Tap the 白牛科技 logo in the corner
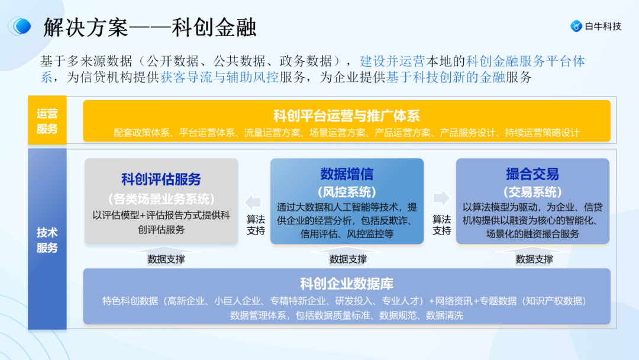(x=596, y=26)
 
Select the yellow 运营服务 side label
(x=47, y=121)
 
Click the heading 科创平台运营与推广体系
(x=346, y=115)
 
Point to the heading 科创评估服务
(x=161, y=179)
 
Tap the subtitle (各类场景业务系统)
(x=161, y=198)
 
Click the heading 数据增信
(x=347, y=174)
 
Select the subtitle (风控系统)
(x=347, y=192)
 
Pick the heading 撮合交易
(x=532, y=174)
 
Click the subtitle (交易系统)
(x=532, y=192)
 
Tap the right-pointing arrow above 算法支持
(x=441, y=197)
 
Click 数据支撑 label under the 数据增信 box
(x=348, y=259)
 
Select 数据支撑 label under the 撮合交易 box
(x=534, y=259)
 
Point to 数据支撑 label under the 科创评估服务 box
(x=166, y=259)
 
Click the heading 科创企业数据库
(x=346, y=283)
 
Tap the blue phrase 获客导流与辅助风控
(x=219, y=77)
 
